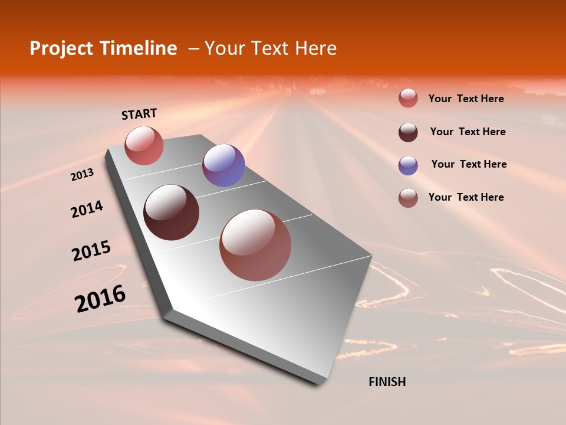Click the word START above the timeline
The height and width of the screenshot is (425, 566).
pyautogui.click(x=139, y=114)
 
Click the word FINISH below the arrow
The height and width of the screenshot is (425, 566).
pyautogui.click(x=387, y=382)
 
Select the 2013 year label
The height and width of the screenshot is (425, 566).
pyautogui.click(x=83, y=175)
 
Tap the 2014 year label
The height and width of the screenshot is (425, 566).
pyautogui.click(x=87, y=210)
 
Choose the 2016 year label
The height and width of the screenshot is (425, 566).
pyautogui.click(x=100, y=299)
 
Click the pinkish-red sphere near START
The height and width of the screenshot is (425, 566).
pyautogui.click(x=144, y=146)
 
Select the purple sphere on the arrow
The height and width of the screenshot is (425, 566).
pyautogui.click(x=223, y=165)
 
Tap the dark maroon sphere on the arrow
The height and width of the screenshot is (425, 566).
pyautogui.click(x=172, y=212)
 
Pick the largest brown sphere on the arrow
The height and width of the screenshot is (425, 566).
pyautogui.click(x=255, y=245)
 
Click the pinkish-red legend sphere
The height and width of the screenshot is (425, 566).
pyautogui.click(x=408, y=99)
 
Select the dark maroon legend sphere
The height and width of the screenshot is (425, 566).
pyautogui.click(x=408, y=132)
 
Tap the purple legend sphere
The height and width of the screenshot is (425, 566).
pyautogui.click(x=408, y=165)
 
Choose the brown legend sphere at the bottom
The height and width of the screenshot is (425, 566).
pyautogui.click(x=408, y=198)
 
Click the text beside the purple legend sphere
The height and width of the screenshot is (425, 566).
pyautogui.click(x=469, y=164)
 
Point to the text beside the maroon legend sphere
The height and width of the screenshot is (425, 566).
pyautogui.click(x=468, y=132)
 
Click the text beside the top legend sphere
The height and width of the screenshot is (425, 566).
pyautogui.click(x=466, y=99)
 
